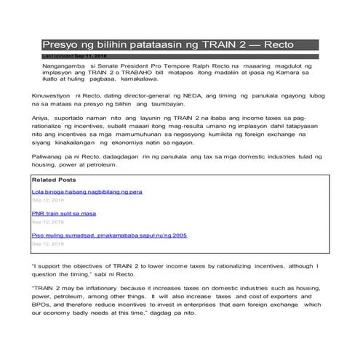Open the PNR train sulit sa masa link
pyautogui.click(x=65, y=213)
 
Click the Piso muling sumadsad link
pyautogui.click(x=110, y=236)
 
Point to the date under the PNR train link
pyautogui.click(x=47, y=222)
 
